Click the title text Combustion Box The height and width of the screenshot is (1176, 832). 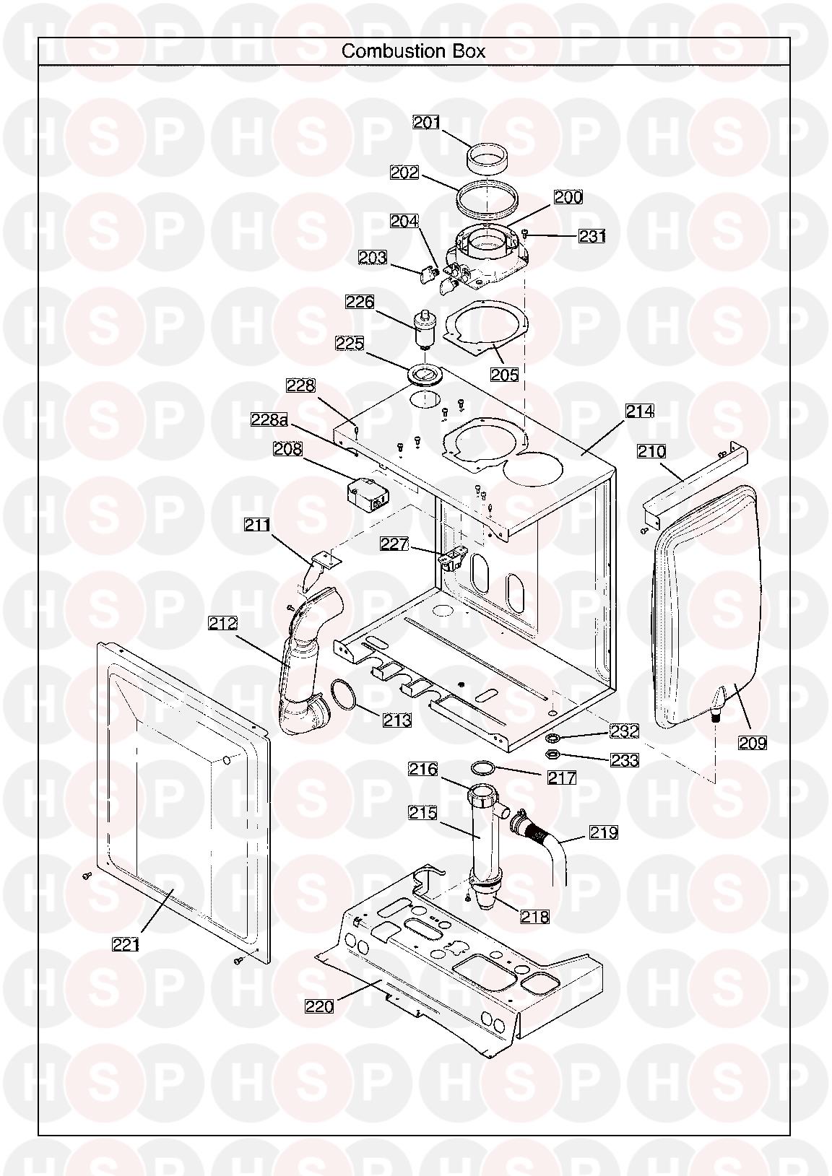click(413, 51)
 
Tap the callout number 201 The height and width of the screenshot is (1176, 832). click(427, 122)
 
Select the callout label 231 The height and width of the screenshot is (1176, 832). click(592, 236)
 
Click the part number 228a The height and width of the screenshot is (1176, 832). click(269, 419)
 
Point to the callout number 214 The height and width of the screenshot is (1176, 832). click(639, 411)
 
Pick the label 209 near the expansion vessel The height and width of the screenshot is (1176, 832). click(753, 743)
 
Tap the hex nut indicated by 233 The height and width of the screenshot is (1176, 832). click(552, 754)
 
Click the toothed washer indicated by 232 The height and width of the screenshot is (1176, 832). click(552, 739)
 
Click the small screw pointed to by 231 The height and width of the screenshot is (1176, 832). click(526, 235)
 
